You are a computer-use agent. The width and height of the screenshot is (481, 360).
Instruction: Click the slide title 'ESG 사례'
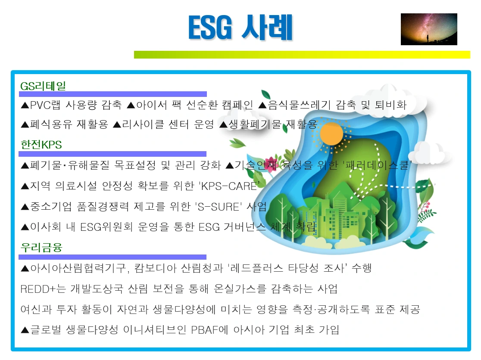point(240,28)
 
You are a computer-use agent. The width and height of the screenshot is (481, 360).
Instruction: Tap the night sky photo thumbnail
point(428,29)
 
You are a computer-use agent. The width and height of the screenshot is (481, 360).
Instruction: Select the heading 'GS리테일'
point(43,86)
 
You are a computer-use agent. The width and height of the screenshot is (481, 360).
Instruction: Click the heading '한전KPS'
point(41,145)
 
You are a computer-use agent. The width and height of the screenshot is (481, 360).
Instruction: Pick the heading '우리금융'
point(41,248)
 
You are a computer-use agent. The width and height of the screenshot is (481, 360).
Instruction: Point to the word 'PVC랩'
point(47,105)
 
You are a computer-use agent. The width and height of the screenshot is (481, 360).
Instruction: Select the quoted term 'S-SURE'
point(218,206)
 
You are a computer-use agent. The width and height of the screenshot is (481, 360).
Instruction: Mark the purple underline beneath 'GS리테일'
point(113,94)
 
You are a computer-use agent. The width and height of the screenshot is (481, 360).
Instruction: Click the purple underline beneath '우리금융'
point(113,257)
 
